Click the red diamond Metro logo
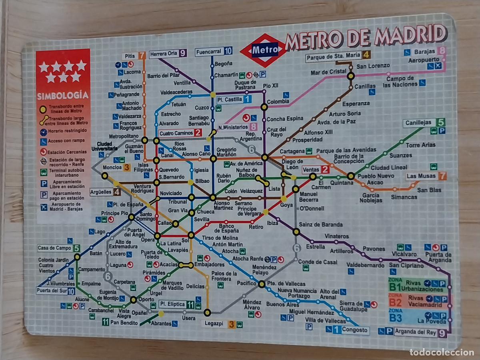264,50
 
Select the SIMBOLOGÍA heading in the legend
63,96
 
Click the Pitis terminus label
134,56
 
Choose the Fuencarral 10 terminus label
214,52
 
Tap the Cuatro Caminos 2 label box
180,133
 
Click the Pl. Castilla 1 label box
234,100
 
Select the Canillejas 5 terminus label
424,123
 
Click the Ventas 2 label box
316,170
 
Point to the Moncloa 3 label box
116,168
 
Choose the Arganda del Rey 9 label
420,332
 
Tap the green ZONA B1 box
416,285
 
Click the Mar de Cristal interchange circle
351,76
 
